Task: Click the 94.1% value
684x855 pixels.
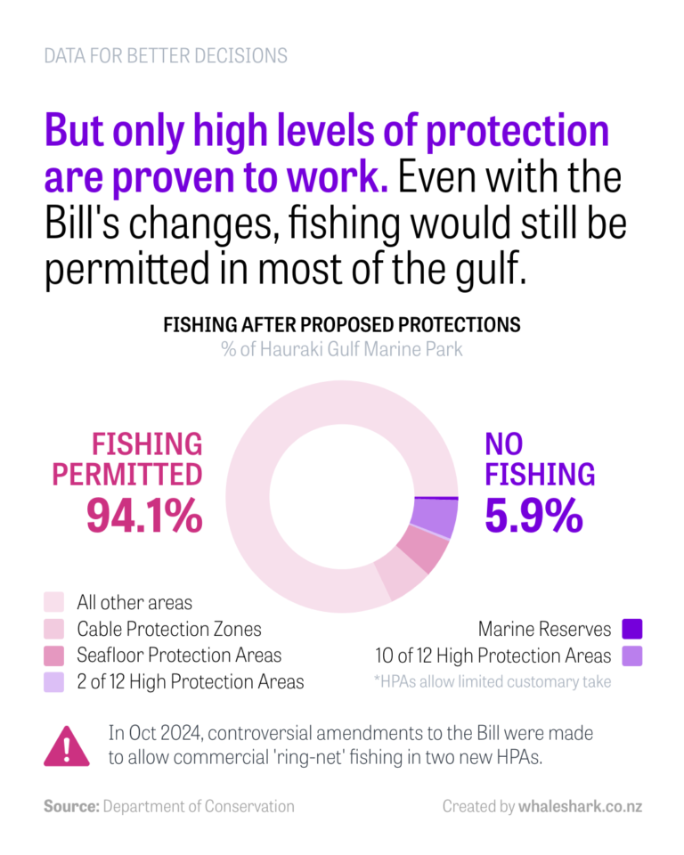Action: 144,515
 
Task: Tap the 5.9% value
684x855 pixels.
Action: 533,515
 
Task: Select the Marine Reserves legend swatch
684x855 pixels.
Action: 631,629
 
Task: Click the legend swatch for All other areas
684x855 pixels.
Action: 54,602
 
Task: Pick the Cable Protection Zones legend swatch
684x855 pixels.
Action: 54,629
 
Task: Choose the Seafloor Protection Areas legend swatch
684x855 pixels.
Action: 54,655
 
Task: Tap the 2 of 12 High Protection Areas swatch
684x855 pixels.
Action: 54,682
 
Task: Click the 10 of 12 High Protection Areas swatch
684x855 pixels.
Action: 631,655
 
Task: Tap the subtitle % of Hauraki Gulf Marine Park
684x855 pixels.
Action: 342,348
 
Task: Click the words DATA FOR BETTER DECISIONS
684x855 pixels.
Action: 166,55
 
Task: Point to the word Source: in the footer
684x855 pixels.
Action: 70,806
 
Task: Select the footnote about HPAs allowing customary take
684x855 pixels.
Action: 493,682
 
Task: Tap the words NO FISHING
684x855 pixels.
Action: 540,459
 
